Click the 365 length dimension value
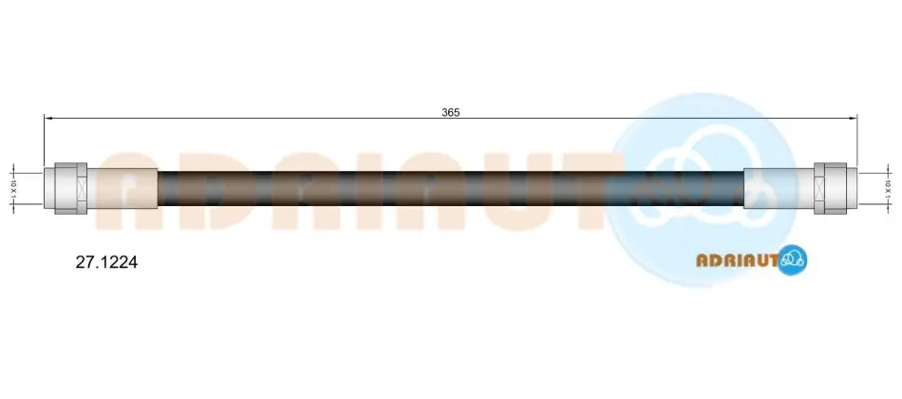click(450, 113)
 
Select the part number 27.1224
click(107, 263)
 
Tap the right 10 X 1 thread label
click(888, 189)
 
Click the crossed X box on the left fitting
click(81, 188)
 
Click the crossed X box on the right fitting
click(820, 188)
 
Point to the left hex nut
click(71, 188)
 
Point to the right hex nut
click(831, 188)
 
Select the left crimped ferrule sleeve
click(122, 188)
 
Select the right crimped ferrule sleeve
click(780, 188)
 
